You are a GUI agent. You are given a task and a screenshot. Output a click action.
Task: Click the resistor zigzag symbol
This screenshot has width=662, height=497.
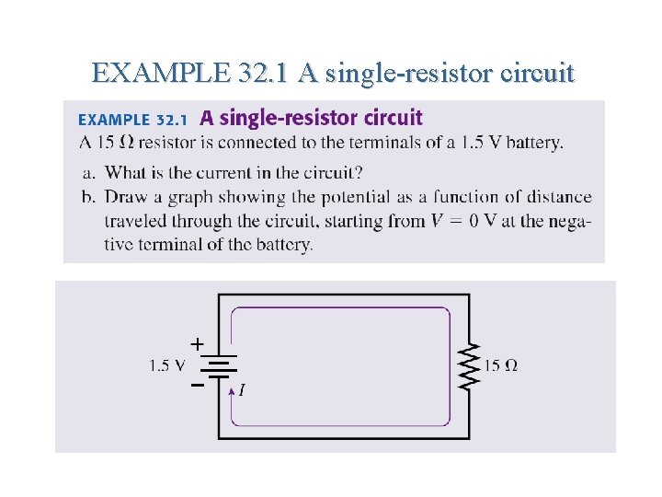(469, 366)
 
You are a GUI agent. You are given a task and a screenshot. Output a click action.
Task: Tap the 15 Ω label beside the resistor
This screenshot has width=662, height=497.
(501, 365)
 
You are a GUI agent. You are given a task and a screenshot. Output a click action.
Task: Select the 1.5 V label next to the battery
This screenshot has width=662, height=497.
(166, 365)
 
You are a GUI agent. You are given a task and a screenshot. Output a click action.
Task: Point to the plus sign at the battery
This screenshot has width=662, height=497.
(197, 343)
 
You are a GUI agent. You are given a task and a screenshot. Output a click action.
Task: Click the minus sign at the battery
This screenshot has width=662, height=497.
(197, 387)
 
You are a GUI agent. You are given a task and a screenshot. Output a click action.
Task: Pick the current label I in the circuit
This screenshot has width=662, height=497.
(241, 390)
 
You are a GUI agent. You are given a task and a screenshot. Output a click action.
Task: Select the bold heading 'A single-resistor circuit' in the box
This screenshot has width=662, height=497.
(311, 118)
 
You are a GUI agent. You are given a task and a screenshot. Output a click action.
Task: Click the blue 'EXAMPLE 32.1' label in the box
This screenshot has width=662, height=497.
(132, 120)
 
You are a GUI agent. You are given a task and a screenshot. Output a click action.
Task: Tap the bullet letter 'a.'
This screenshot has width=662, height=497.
(87, 172)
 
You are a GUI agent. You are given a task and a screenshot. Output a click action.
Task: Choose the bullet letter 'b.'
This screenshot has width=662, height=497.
(87, 197)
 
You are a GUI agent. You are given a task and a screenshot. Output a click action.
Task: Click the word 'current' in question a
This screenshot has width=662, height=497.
(253, 172)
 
